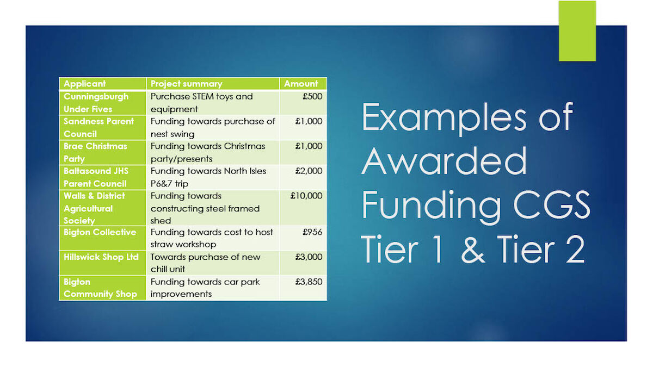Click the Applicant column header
click(84, 84)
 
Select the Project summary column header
click(186, 84)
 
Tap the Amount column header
click(301, 84)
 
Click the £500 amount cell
click(312, 96)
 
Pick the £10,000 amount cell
click(306, 196)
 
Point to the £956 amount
click(312, 232)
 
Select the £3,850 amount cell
click(309, 282)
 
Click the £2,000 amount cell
click(309, 171)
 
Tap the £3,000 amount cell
click(309, 257)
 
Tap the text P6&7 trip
click(169, 184)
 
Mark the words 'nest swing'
click(173, 134)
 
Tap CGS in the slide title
click(552, 205)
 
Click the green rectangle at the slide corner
click(577, 31)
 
